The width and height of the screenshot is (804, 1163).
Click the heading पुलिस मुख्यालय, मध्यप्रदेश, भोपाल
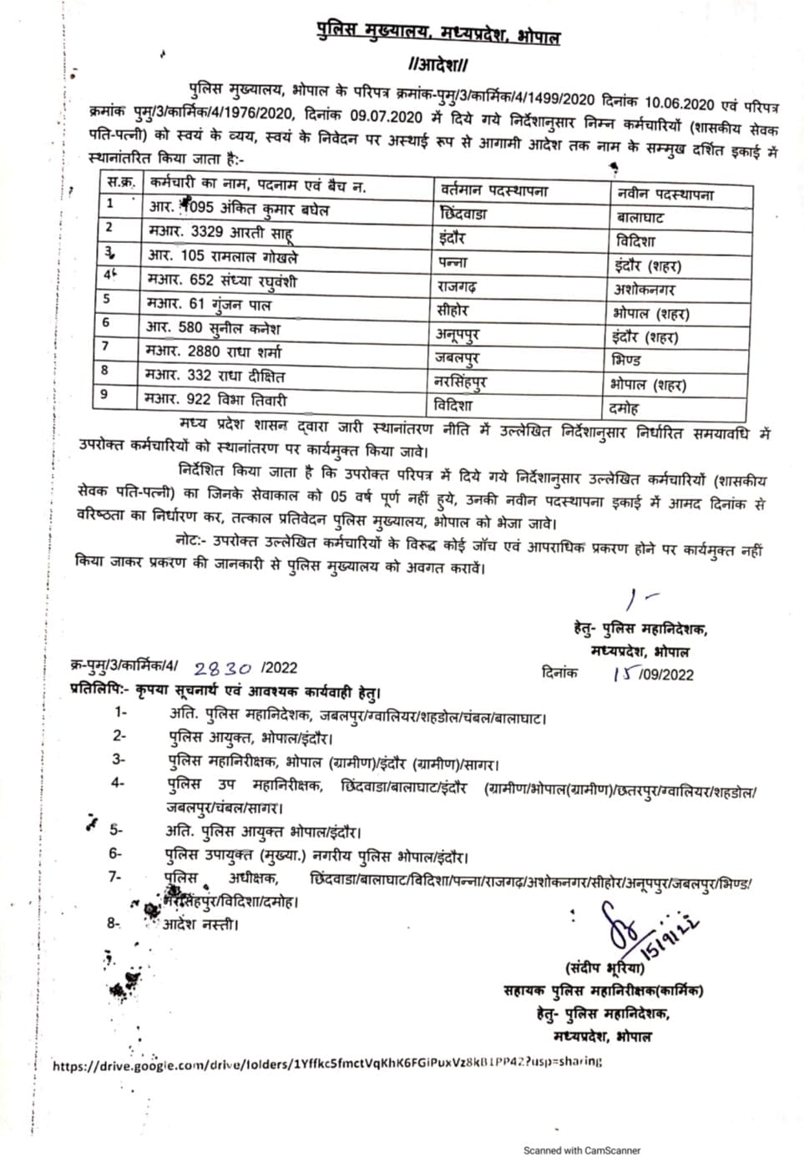click(437, 34)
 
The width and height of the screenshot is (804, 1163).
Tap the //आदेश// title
click(438, 64)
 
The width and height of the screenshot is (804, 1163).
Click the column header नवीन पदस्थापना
click(665, 195)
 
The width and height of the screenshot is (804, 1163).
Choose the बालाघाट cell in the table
click(641, 218)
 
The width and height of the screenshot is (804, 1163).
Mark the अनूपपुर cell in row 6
click(460, 335)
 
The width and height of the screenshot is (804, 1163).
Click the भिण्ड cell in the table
click(626, 361)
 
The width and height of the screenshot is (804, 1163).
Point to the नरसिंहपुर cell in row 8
click(462, 382)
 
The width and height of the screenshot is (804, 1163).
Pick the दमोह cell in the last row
click(624, 409)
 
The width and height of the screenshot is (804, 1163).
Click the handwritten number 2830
click(222, 669)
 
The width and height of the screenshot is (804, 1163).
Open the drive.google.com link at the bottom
click(327, 1064)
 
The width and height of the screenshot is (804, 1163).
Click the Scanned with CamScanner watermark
click(581, 1150)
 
